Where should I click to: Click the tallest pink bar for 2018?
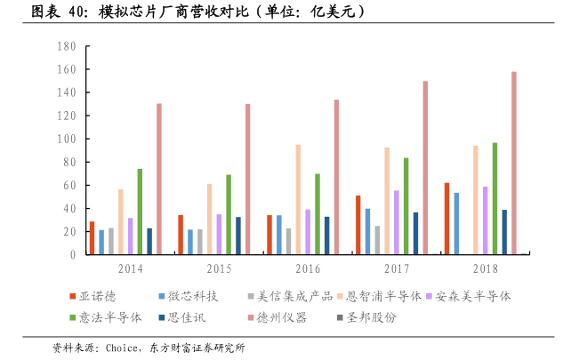[x=514, y=164]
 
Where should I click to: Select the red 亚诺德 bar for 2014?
[x=92, y=238]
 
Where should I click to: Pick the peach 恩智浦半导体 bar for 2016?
[x=298, y=200]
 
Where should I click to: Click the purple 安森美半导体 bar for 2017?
[x=396, y=223]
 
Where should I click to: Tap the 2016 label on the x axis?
[x=308, y=267]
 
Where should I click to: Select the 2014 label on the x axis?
[x=130, y=267]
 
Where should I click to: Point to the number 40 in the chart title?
[x=78, y=12]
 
